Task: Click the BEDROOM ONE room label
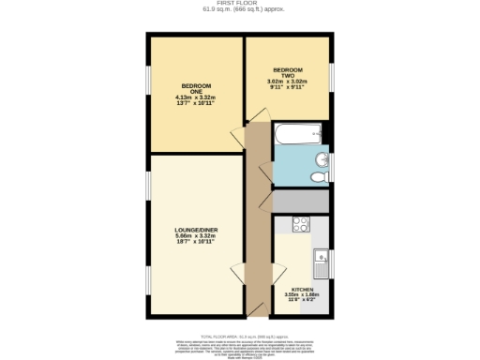click(x=196, y=86)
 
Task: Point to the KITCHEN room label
click(x=302, y=290)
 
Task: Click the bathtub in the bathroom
click(x=298, y=136)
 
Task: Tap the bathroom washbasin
click(x=320, y=158)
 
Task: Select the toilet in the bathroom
click(x=318, y=175)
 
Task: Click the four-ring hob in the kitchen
click(x=302, y=224)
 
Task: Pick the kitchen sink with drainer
click(x=320, y=261)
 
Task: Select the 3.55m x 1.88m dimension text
click(x=302, y=295)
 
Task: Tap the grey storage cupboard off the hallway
click(x=300, y=200)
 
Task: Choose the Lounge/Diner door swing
click(x=236, y=272)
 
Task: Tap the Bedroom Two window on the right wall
click(x=330, y=75)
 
